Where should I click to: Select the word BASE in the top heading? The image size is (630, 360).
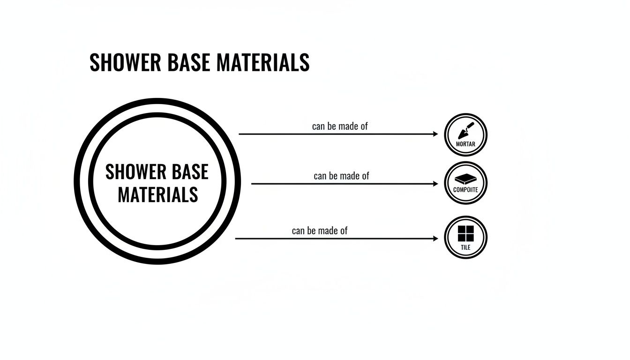(182, 63)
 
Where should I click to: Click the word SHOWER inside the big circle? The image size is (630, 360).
(135, 172)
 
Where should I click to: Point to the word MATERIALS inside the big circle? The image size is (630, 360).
(157, 195)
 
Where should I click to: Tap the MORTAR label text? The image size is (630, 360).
(465, 144)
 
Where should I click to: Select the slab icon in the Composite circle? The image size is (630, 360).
(465, 178)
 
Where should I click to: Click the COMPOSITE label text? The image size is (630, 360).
(465, 190)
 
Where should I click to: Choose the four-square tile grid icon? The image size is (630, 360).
(465, 233)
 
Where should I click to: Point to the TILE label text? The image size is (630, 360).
(465, 247)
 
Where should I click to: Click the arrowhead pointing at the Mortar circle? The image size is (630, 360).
(435, 134)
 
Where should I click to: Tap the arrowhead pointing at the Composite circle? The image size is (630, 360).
(435, 184)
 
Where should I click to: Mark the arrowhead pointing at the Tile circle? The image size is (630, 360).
(435, 239)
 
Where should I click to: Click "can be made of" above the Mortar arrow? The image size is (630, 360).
(340, 126)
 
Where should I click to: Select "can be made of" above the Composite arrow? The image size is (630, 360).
(341, 176)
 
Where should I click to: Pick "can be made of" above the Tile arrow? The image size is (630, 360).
(320, 231)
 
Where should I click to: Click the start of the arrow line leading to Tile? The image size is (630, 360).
(236, 239)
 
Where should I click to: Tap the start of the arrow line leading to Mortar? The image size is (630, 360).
(240, 134)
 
